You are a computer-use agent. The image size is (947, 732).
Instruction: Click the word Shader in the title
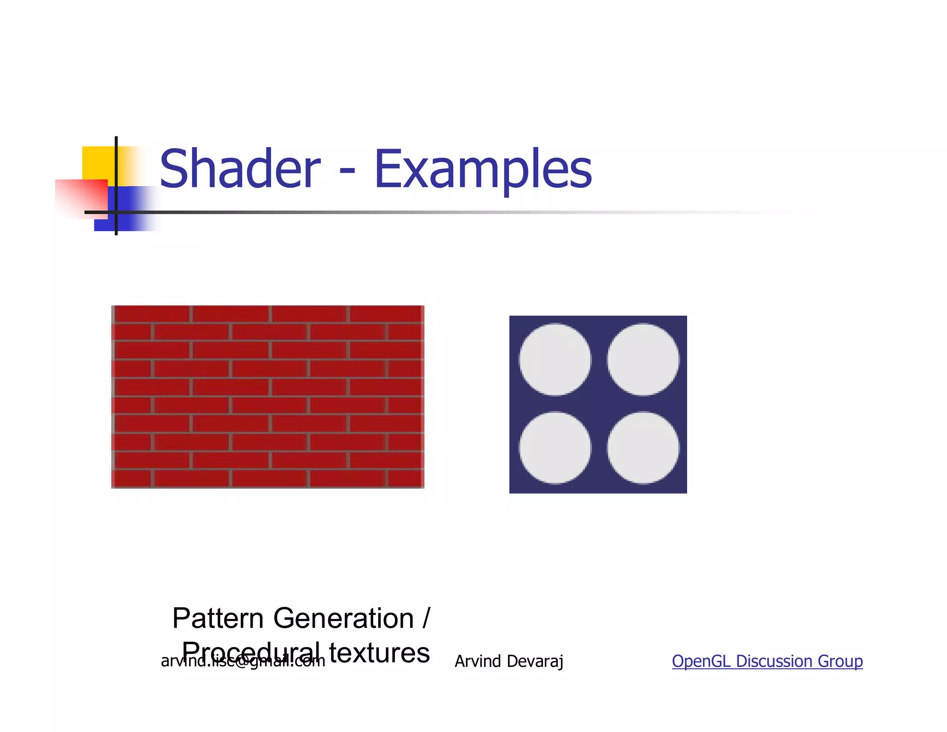240,169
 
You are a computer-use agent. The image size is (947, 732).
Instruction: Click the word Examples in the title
483,170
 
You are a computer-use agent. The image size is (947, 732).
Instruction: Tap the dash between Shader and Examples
347,172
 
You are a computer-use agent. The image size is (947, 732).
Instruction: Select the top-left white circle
554,360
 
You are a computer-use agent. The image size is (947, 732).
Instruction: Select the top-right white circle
643,360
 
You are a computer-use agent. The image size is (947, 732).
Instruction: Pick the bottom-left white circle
554,448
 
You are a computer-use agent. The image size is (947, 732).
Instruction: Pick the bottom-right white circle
643,448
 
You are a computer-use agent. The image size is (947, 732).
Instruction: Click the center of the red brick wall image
268,397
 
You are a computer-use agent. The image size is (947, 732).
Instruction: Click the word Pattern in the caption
218,618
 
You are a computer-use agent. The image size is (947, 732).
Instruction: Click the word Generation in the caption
343,618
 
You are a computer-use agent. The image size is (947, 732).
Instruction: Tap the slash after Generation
426,618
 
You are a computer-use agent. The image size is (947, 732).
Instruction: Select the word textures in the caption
379,653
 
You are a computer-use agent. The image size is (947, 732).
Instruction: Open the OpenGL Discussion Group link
767,661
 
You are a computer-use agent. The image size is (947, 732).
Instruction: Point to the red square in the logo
81,197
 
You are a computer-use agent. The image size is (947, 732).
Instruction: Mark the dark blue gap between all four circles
599,404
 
